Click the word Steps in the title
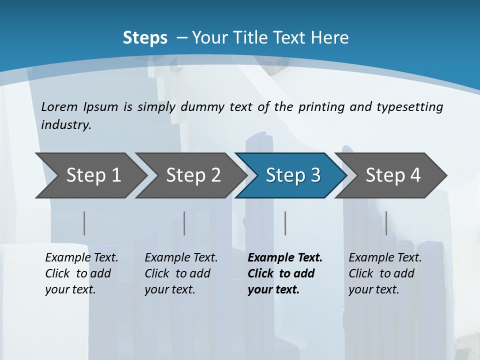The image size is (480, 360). tap(145, 37)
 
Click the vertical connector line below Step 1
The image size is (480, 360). tap(84, 223)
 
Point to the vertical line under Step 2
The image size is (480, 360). tap(184, 223)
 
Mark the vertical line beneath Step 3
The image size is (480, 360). tap(285, 223)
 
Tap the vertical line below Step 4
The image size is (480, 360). tap(386, 223)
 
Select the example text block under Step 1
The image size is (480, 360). tap(81, 273)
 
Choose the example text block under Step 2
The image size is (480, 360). tap(181, 273)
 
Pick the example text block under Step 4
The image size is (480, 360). tap(385, 273)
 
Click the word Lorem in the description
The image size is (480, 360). tap(59, 106)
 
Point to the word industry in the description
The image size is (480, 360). tap(66, 125)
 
